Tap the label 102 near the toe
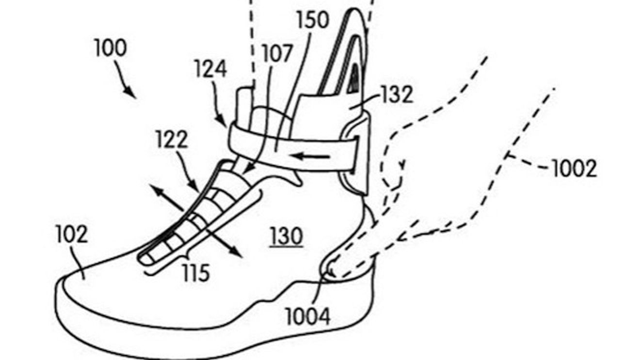[72, 234]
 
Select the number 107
[277, 53]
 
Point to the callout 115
[196, 273]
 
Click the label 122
[172, 140]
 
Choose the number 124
[211, 68]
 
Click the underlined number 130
[287, 236]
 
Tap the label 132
[398, 94]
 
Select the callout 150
[313, 20]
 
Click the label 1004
[308, 316]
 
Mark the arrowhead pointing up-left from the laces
[157, 190]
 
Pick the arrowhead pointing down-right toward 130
[236, 251]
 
